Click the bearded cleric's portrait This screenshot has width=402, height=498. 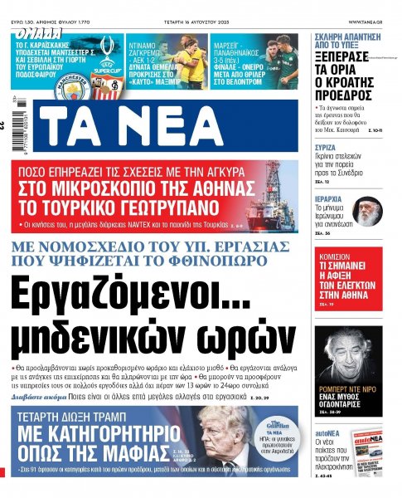point(367,212)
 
